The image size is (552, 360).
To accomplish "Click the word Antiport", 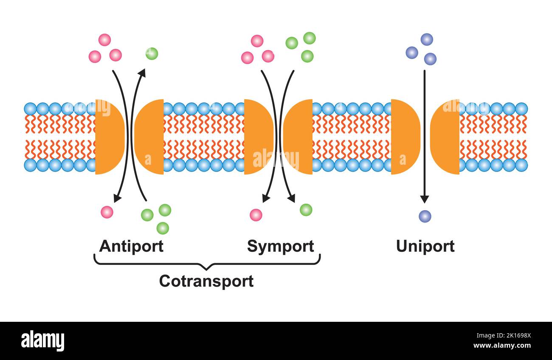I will point(131,246).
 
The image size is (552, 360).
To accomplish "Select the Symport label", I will point(280,246).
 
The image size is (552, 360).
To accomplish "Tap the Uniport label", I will point(425,246).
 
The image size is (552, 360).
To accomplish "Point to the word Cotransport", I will point(206,281).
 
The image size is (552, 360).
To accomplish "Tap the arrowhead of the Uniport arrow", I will point(424,199).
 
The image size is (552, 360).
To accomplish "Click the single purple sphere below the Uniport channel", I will point(425,216).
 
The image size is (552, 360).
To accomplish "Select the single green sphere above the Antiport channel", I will point(152,53).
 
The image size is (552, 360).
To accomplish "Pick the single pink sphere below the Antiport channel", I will point(107,212).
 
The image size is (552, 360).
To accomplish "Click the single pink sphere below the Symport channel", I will point(256,215).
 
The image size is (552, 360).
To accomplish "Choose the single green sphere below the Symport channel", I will point(306,210).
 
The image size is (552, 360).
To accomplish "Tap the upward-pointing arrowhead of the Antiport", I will point(142,73).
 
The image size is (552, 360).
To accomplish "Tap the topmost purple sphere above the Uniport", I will point(427,39).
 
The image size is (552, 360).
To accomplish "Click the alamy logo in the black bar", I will point(42,341).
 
